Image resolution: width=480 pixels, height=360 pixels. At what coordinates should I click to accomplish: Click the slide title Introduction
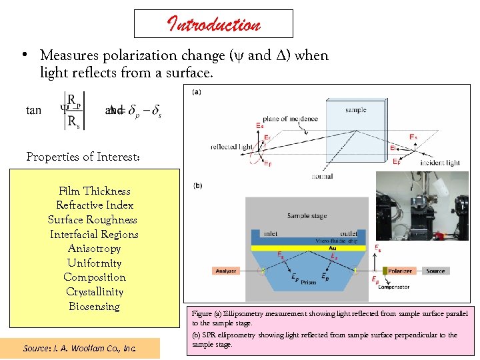(213, 25)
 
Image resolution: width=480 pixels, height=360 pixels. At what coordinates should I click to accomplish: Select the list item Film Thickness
(95, 191)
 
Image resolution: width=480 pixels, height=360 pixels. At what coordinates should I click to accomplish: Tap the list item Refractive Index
(95, 205)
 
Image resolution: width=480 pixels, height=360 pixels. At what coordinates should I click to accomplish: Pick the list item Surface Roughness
(93, 219)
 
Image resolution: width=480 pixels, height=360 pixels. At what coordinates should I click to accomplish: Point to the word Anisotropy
(95, 248)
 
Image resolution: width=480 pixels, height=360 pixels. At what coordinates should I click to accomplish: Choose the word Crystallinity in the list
(95, 291)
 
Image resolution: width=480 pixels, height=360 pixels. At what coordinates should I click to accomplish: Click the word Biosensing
(95, 306)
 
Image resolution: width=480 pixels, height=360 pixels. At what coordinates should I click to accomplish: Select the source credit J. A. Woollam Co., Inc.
(79, 348)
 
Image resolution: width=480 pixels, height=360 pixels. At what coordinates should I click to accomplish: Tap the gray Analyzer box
(225, 271)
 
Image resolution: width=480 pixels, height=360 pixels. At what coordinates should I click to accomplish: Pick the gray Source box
(435, 271)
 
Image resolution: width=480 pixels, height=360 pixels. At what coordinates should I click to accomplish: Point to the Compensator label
(393, 287)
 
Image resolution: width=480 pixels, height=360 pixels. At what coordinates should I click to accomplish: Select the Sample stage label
(307, 216)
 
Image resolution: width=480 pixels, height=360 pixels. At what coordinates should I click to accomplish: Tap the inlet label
(270, 233)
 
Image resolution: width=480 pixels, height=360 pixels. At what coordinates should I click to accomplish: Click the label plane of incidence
(289, 119)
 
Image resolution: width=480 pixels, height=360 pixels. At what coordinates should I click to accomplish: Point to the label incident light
(439, 163)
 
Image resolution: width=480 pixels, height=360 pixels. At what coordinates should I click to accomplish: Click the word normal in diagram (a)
(321, 177)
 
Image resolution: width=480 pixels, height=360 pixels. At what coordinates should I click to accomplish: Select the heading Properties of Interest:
(83, 157)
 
